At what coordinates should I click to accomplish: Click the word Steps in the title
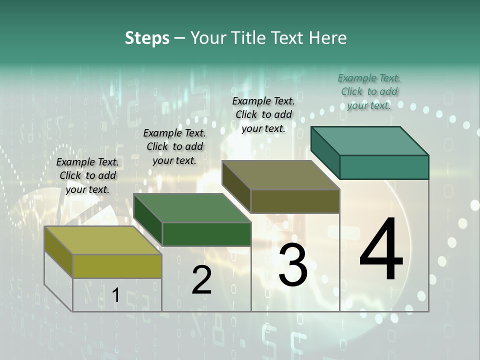coord(147,38)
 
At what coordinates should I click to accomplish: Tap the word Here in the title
coord(328,38)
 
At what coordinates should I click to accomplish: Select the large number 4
coord(381,250)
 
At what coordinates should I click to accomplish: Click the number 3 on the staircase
coord(293,264)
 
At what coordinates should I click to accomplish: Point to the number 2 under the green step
coord(201,280)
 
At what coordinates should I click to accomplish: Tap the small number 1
coord(115,295)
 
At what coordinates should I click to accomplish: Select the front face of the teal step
coord(384,167)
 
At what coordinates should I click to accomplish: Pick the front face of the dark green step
coord(206,234)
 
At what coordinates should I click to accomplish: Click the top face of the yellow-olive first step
coord(103,240)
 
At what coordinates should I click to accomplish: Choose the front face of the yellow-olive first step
coord(117,266)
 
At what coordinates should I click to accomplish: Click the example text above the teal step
coord(369,91)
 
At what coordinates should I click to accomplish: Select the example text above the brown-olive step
coord(264,114)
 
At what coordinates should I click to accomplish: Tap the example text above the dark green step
coord(174,146)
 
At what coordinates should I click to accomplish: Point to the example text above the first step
coord(87,175)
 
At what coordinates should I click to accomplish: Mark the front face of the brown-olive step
coord(295,201)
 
